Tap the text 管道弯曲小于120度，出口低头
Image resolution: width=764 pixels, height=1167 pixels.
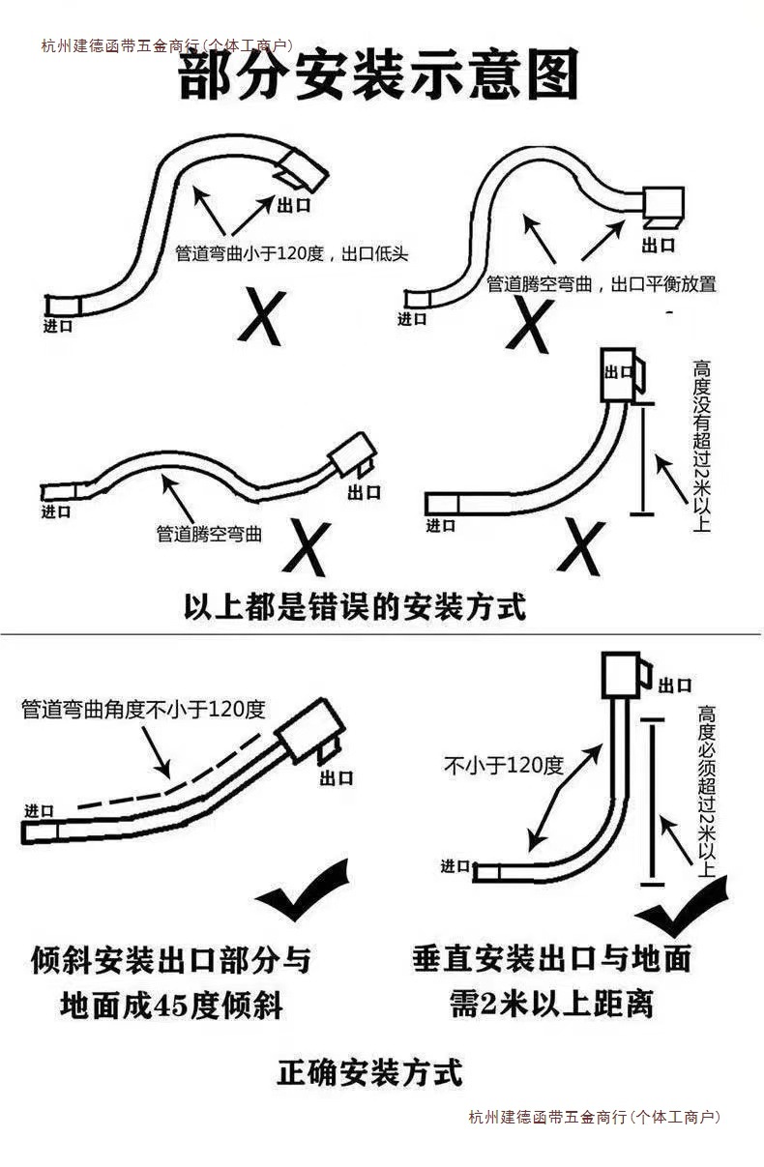point(291,254)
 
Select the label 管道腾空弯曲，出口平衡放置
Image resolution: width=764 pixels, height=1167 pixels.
point(601,284)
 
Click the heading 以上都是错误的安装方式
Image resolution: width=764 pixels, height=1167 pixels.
point(355,607)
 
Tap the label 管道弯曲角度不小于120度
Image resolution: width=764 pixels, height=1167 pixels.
point(143,709)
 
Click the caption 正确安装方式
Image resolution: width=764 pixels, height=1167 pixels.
point(370,1071)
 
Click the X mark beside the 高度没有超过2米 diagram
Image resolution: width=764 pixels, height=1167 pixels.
point(581,547)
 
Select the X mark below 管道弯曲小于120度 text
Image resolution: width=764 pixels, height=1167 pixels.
point(261,315)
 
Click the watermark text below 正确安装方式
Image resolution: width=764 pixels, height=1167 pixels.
point(594,1117)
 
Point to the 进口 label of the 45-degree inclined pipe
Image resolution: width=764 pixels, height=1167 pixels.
point(40,810)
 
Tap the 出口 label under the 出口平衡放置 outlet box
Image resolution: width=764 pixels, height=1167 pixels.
point(659,244)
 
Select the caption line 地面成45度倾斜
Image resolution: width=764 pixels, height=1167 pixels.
point(171,1006)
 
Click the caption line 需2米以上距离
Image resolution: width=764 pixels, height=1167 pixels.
point(551,1003)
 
